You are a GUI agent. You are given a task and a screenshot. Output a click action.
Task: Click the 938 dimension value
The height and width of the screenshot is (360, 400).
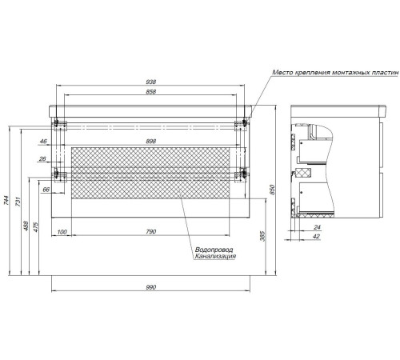coord(150,82)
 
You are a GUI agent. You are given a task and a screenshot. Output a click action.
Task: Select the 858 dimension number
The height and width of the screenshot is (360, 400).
coord(150,91)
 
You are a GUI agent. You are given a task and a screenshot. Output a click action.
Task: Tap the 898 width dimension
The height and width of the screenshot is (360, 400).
coord(150,141)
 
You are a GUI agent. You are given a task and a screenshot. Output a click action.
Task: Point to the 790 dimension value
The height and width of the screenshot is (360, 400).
coord(150,231)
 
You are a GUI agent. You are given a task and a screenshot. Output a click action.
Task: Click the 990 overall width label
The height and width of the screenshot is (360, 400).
coord(150,287)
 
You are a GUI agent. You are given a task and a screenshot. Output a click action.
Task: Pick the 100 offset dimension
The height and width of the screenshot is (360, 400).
coord(62,232)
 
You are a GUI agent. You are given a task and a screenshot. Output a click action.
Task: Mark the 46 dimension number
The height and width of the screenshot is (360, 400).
coord(43,141)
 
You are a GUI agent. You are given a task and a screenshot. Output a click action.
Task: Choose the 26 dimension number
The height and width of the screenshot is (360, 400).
coord(42,158)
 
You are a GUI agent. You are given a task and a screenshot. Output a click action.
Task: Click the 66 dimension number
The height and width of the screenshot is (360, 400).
coord(46,190)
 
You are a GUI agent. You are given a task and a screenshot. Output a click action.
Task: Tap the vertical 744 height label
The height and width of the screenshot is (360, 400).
coord(6,200)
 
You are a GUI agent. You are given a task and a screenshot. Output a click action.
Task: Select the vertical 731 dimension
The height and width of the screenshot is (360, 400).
coord(18,202)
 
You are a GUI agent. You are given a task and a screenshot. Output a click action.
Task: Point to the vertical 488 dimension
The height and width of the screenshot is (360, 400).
coord(26,226)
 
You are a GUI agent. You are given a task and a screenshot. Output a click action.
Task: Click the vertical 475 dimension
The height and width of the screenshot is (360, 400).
coord(36,227)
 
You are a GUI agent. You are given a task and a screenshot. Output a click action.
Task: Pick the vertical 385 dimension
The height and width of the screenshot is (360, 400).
coord(262,236)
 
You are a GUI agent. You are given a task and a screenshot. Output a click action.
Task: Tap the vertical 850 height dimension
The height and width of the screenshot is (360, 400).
coord(272,190)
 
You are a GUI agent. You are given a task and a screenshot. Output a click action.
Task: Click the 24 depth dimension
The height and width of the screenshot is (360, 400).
coord(317,227)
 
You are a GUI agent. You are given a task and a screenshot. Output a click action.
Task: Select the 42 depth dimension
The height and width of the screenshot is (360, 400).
coord(316,236)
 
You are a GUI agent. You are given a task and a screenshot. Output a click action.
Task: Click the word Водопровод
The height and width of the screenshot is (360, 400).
coord(214,250)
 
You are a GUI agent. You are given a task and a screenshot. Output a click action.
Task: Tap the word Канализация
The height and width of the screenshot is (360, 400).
coord(215,256)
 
